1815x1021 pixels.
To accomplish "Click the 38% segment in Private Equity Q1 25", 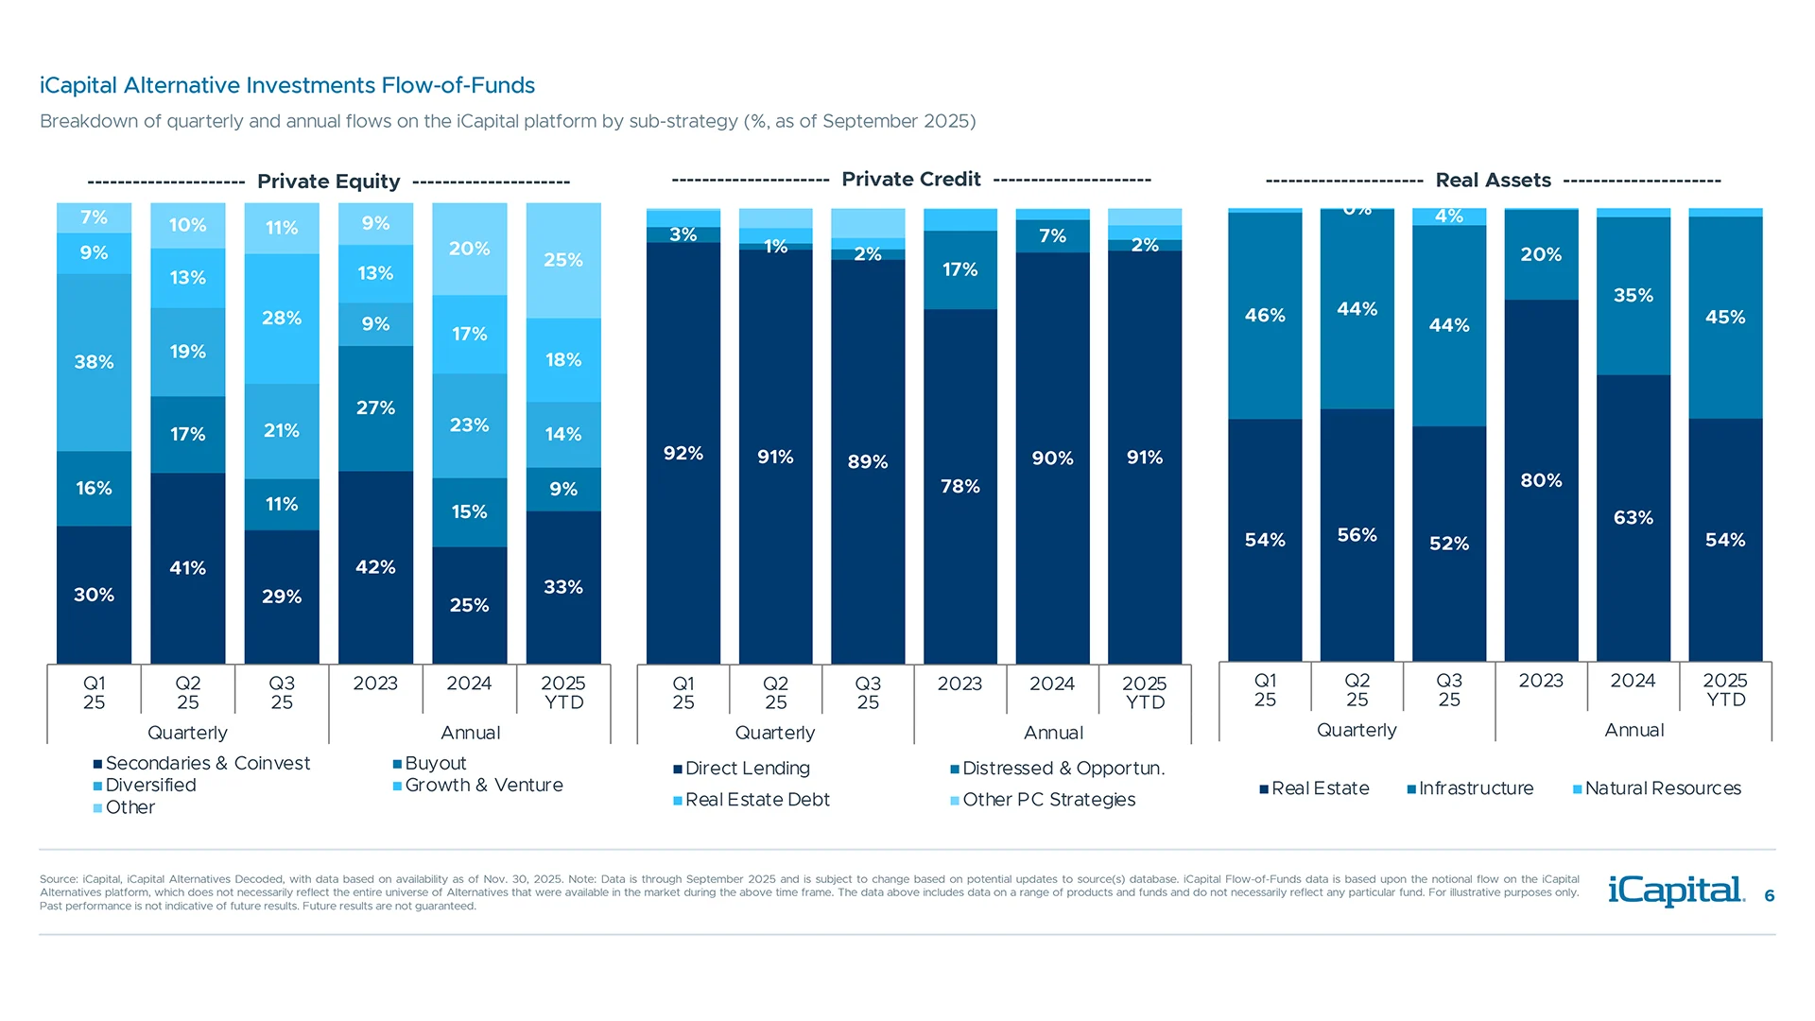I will coord(94,362).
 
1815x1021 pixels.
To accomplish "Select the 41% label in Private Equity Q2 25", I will coord(187,568).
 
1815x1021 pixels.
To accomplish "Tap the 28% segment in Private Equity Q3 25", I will coord(282,319).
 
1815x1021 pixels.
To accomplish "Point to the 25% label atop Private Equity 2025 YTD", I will coord(563,260).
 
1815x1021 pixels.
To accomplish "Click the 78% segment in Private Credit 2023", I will coord(959,486).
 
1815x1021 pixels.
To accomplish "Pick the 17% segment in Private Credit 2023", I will coord(959,269).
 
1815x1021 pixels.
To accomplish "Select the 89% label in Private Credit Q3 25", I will coord(867,461).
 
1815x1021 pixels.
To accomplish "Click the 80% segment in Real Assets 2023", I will coord(1541,480).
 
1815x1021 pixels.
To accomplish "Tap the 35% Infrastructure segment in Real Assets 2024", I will coord(1633,295).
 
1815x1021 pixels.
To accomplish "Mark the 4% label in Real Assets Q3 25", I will coord(1448,216).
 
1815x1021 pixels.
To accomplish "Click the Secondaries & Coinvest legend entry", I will coord(207,763).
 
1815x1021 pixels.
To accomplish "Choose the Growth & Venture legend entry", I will coord(483,785).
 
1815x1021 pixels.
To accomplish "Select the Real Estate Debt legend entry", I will coord(756,800).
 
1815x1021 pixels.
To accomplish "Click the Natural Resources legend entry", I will coord(1662,788).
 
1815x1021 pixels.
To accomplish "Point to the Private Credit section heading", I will coord(911,180).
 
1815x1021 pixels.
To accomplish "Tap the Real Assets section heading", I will coord(1493,181).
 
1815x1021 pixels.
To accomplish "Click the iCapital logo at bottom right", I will coord(1675,891).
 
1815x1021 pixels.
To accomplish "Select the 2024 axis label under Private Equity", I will coord(469,684).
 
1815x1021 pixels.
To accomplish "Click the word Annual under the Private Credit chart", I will coord(1053,733).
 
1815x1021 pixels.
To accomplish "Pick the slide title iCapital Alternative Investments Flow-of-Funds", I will coord(287,86).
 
